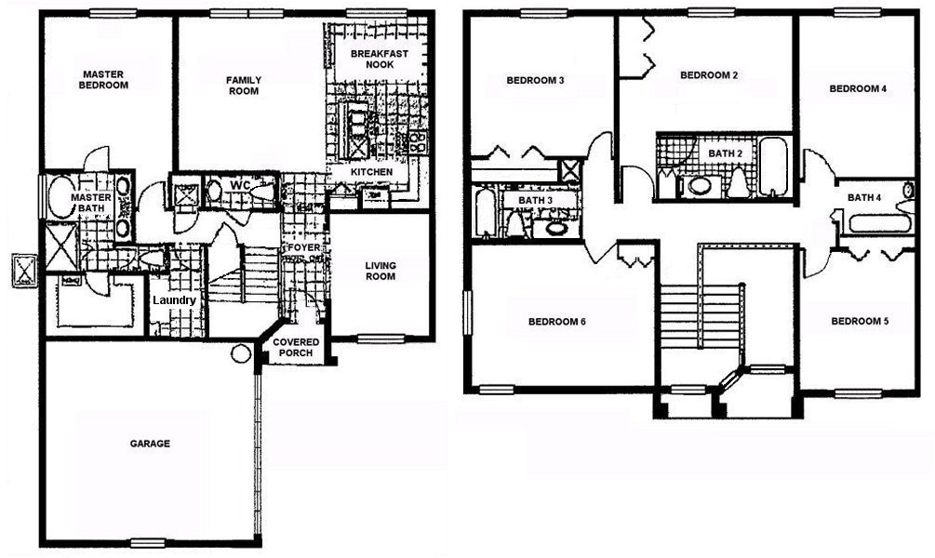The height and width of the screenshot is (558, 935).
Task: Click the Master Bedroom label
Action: coord(104,79)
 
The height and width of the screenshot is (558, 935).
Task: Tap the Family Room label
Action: coord(243,85)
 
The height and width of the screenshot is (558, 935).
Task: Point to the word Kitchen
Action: coord(371,173)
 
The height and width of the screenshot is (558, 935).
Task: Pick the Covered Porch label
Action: coord(296,348)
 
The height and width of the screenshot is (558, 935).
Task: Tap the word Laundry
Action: coord(174,301)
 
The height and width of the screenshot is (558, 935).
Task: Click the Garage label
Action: coord(150,444)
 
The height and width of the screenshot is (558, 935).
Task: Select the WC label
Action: coord(241,185)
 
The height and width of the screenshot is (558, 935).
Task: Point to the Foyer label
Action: coord(303,249)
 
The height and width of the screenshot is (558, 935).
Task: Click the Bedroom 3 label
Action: coord(535,81)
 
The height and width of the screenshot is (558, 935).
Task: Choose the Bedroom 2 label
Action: coord(709,74)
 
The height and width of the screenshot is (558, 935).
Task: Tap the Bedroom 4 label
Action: coord(858,89)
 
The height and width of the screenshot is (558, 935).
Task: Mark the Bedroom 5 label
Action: coord(859,322)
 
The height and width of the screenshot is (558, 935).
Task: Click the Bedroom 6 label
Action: coord(556,323)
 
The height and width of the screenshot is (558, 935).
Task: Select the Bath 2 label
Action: coord(726,153)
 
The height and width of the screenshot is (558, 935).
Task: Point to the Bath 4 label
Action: coord(864,197)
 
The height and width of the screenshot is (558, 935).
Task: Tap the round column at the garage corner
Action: coord(241,353)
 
